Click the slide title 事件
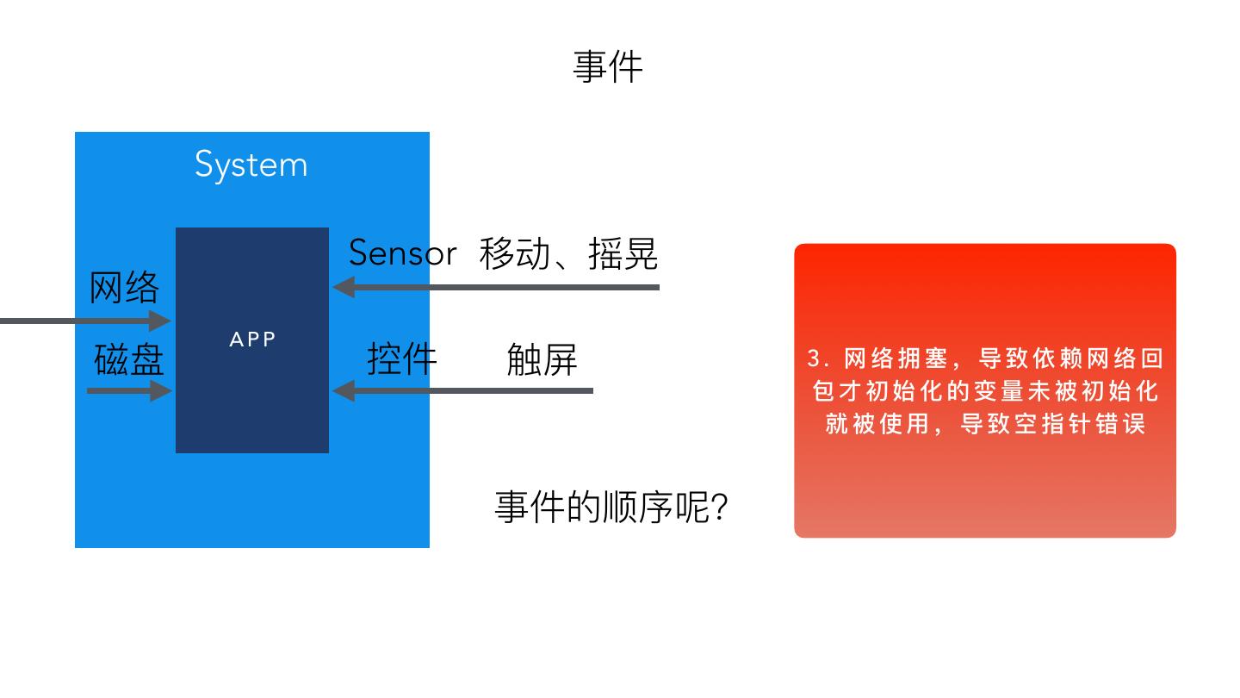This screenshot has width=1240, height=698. pyautogui.click(x=608, y=67)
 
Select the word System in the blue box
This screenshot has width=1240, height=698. pyautogui.click(x=251, y=165)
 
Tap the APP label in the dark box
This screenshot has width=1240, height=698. pyautogui.click(x=252, y=340)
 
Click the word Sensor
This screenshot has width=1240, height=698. pyautogui.click(x=402, y=253)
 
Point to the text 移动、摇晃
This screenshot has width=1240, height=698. pyautogui.click(x=568, y=253)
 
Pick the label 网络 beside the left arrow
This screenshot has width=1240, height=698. pyautogui.click(x=125, y=287)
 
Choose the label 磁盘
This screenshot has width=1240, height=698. pyautogui.click(x=128, y=359)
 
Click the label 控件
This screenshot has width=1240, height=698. pyautogui.click(x=402, y=358)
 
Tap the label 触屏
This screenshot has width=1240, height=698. pyautogui.click(x=542, y=359)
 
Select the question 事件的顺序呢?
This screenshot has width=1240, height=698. pyautogui.click(x=611, y=507)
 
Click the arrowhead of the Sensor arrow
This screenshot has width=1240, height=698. pyautogui.click(x=343, y=287)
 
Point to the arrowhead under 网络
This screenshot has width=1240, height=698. pyautogui.click(x=161, y=321)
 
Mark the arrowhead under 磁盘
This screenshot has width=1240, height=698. pyautogui.click(x=161, y=391)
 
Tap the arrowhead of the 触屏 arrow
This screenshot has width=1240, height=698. pyautogui.click(x=343, y=390)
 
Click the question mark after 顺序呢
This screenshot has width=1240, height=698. pyautogui.click(x=721, y=508)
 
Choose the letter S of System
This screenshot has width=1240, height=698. pyautogui.click(x=203, y=164)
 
